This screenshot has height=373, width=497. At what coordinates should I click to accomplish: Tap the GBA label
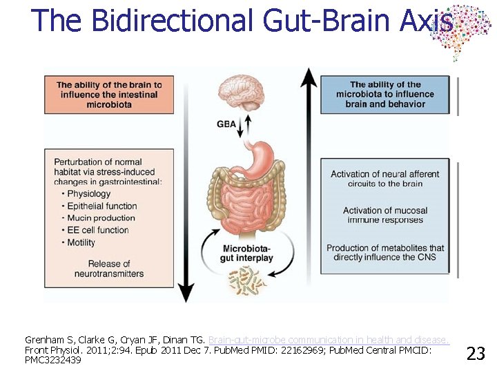click(225, 124)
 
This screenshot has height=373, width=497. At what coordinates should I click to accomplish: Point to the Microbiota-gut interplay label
click(248, 254)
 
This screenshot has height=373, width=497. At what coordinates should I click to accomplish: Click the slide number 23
click(476, 354)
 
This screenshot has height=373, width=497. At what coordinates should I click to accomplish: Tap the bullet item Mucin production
click(101, 218)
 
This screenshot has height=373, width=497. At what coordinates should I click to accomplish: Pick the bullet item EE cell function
click(97, 230)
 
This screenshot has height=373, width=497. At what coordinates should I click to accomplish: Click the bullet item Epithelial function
click(102, 206)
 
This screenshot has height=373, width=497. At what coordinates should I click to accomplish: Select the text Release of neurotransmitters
click(109, 269)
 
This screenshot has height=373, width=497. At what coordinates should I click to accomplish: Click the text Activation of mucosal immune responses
click(385, 215)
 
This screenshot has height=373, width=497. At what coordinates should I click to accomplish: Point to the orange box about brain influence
click(109, 95)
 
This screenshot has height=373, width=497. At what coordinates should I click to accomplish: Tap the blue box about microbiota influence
click(385, 95)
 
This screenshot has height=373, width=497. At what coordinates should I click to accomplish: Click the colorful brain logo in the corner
click(459, 31)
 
